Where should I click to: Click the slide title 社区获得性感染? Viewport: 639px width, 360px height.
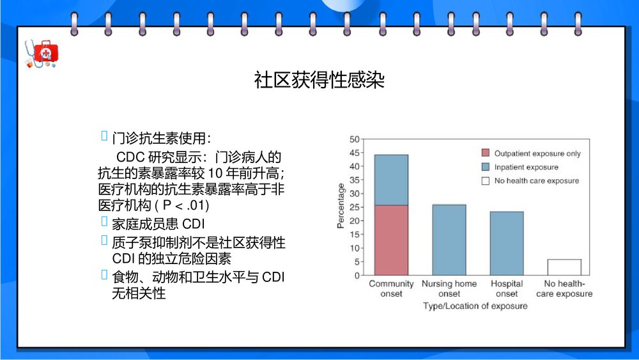(319, 81)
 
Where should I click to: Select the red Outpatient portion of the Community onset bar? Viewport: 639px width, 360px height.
(391, 240)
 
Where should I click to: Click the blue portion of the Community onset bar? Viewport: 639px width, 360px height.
(391, 180)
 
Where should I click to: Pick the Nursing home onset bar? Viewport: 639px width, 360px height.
(449, 240)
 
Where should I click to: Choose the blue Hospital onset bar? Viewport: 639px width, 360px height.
(507, 243)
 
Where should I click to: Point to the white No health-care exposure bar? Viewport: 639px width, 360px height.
(564, 267)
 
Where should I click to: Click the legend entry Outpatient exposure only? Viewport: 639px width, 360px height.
(537, 153)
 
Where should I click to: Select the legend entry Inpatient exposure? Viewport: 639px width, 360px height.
(526, 168)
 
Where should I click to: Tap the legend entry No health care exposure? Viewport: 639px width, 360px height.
(536, 181)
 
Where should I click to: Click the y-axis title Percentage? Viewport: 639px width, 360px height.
(341, 206)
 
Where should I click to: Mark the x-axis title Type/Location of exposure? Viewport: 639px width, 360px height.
(475, 306)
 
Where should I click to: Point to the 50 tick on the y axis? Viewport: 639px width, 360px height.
(355, 139)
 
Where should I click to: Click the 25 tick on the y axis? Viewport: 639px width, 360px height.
(355, 207)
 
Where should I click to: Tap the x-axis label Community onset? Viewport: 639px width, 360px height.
(391, 288)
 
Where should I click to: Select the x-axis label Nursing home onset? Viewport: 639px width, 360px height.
(449, 288)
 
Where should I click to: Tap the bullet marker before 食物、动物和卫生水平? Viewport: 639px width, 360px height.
(104, 275)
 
